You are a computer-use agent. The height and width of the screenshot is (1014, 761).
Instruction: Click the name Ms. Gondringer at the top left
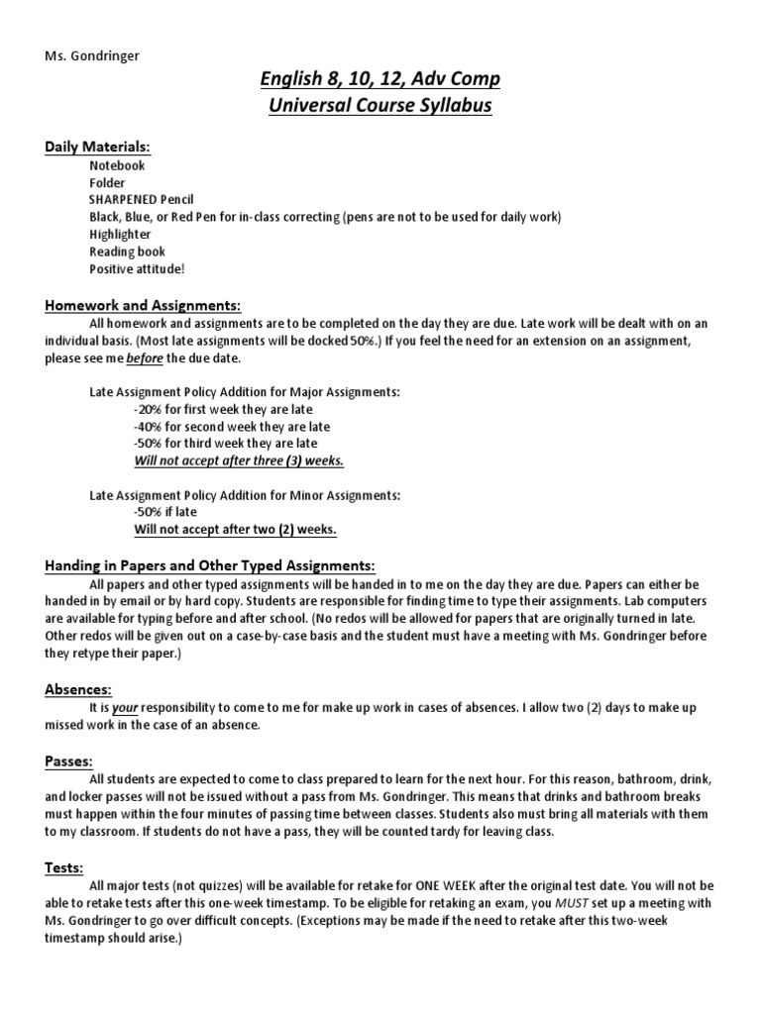92,55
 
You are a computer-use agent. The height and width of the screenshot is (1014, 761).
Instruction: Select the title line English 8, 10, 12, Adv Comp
380,79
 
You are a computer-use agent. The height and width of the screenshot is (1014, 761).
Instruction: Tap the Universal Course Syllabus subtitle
380,105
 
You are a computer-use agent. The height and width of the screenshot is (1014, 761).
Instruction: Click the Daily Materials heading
97,147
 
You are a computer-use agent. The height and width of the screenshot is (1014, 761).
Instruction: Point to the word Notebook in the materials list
117,165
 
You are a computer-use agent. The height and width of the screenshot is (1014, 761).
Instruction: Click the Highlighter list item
120,235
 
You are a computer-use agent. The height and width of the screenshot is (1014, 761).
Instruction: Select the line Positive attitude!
137,268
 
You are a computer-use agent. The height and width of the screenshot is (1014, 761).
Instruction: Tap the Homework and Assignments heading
143,305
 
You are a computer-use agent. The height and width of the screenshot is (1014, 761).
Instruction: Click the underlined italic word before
145,357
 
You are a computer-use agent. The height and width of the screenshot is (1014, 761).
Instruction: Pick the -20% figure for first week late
147,409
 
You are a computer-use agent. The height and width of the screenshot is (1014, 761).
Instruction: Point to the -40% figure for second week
147,427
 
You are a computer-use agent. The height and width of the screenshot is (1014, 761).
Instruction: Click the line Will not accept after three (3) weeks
239,461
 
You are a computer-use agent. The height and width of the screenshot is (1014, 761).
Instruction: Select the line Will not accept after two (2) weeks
235,530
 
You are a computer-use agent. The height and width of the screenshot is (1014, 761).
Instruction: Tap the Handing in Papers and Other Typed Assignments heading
210,565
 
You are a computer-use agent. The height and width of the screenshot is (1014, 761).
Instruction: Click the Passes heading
69,761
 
